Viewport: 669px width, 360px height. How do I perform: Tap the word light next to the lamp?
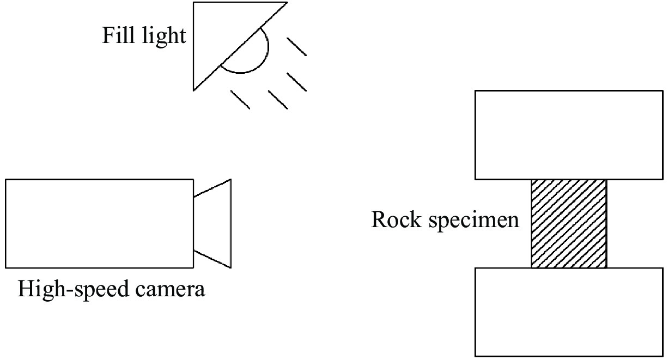coord(162,37)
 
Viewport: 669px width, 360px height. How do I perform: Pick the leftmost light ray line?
coord(240,100)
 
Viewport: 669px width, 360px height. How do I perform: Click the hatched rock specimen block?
coord(569,223)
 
